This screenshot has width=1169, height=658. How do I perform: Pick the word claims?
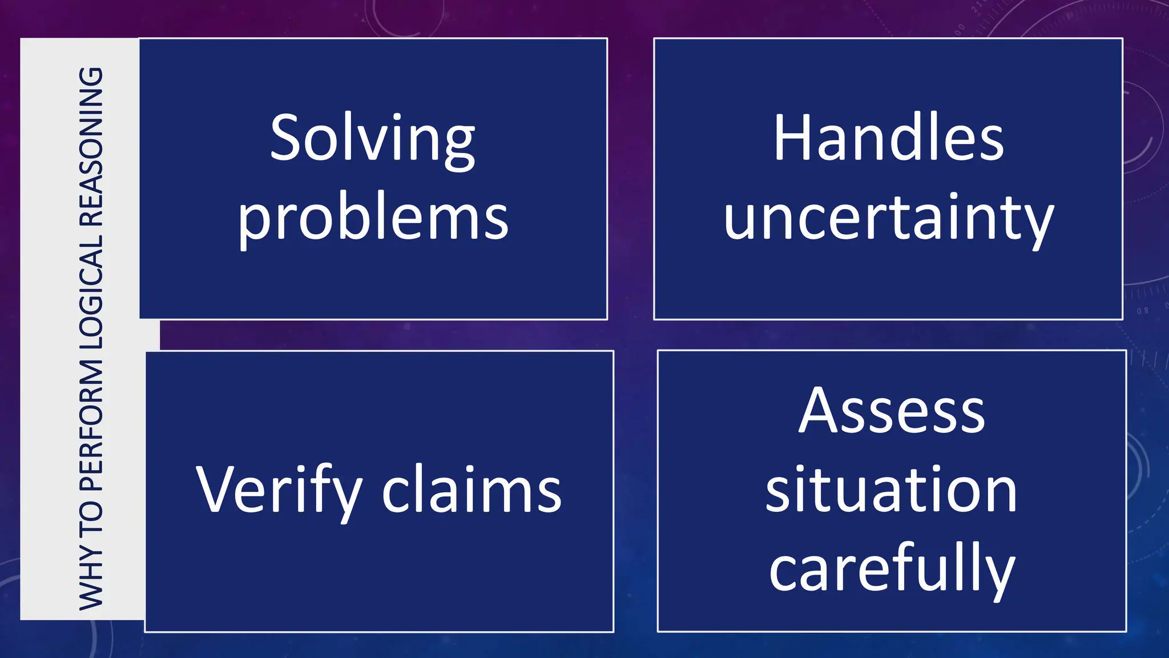[471, 490]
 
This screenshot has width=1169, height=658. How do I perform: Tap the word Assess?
[892, 411]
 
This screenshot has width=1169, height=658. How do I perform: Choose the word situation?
[892, 490]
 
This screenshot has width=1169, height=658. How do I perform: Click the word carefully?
[892, 569]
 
